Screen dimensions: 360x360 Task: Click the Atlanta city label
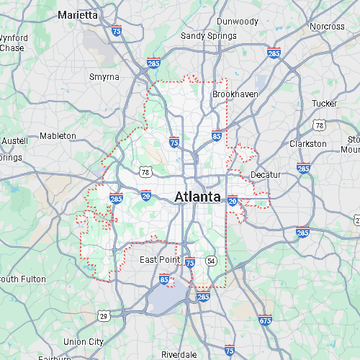pos(197,196)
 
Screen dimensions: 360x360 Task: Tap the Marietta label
pos(77,14)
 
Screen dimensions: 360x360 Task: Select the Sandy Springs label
pos(209,36)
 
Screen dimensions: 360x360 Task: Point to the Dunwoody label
pos(237,22)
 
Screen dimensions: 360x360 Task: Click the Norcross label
pos(328,27)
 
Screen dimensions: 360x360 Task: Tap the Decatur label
pos(265,175)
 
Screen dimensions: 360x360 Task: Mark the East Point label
pos(159,259)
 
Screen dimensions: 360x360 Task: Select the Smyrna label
pos(104,77)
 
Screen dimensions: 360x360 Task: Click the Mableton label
pos(58,135)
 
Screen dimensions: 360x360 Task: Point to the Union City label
pos(84,341)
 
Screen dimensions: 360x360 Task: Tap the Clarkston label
pos(307,144)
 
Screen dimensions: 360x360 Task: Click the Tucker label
pos(324,104)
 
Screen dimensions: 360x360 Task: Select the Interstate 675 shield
pos(265,320)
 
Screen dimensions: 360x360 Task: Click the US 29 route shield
pos(104,315)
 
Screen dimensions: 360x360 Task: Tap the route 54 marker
pos(211,260)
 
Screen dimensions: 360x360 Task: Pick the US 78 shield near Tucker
pos(319,125)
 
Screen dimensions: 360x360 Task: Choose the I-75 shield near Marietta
pos(117,30)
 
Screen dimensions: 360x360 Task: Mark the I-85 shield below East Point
pos(165,279)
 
